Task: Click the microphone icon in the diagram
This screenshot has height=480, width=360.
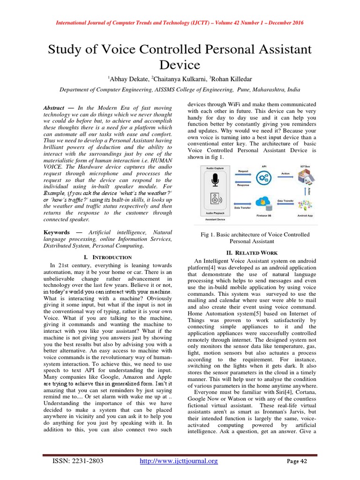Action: tap(215, 180)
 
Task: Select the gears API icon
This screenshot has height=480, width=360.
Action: tap(264, 177)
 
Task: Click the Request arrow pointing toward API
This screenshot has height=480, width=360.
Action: tap(243, 176)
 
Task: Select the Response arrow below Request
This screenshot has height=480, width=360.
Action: tap(243, 181)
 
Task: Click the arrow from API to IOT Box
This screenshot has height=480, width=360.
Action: tap(285, 177)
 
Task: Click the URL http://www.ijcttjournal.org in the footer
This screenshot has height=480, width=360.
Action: tap(180, 462)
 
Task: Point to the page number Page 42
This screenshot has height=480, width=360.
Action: tap(296, 462)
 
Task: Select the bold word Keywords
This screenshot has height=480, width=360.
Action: tap(57, 232)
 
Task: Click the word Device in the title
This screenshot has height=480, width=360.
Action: tap(180, 64)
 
